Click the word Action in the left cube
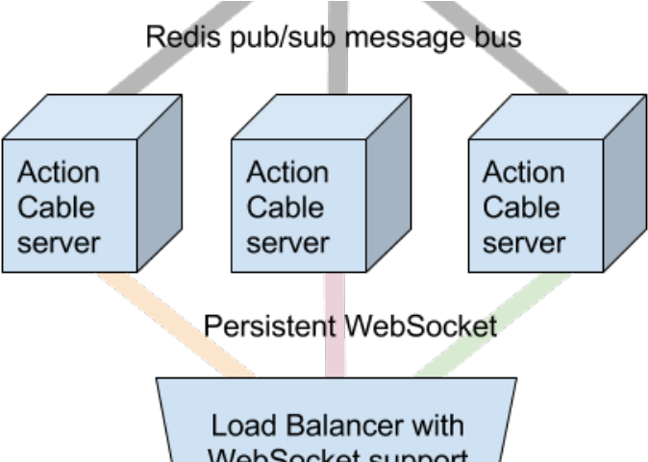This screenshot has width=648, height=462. click(x=59, y=173)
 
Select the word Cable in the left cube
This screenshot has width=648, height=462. click(x=57, y=207)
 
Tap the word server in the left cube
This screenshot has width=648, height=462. click(x=59, y=242)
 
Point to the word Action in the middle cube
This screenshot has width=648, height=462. click(x=287, y=173)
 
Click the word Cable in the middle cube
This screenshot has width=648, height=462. click(x=286, y=207)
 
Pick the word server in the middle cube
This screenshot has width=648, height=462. click(x=287, y=242)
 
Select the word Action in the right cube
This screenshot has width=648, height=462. click(x=523, y=173)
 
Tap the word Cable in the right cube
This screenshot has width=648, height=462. click(x=521, y=207)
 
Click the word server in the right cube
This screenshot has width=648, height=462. click(x=523, y=242)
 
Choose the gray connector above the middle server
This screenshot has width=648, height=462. click(x=337, y=48)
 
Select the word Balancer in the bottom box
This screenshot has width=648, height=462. click(x=340, y=426)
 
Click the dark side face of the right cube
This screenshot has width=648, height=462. click(x=624, y=182)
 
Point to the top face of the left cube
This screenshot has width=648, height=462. click(x=91, y=117)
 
